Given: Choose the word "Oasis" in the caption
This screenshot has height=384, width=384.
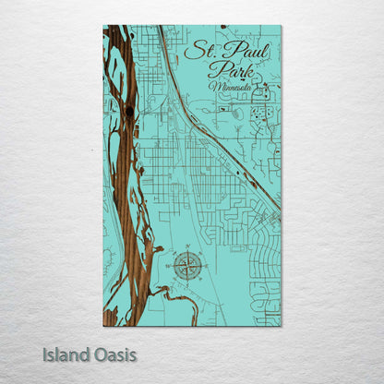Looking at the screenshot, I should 114,354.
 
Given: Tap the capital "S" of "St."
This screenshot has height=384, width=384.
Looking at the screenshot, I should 191,52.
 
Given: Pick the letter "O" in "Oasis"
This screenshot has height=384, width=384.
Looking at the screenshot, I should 98,354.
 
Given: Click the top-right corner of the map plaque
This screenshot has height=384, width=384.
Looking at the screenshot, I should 281,26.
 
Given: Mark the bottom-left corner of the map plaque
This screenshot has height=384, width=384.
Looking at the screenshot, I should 103,326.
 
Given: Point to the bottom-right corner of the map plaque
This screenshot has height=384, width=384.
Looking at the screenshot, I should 281,326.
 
